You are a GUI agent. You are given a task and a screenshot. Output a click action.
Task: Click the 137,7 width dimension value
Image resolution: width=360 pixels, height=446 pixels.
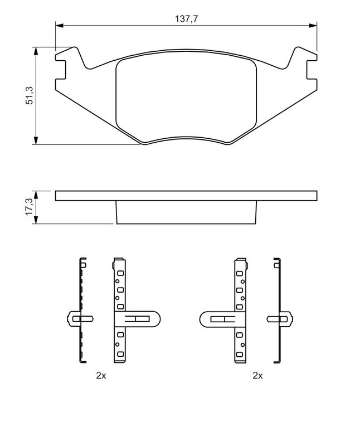(187, 18)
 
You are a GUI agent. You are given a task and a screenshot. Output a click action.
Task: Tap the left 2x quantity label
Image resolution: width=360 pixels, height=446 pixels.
(101, 376)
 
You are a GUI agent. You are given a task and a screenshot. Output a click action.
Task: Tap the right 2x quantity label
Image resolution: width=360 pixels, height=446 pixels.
(257, 376)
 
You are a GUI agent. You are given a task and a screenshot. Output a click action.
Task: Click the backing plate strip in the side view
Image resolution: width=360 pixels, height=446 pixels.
(187, 196)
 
